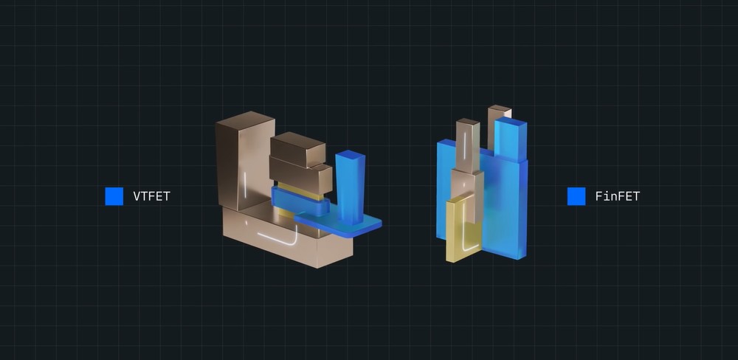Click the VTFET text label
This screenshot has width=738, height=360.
coord(151,196)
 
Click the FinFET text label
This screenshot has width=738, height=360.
coord(618,196)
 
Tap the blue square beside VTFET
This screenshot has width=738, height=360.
coord(114,196)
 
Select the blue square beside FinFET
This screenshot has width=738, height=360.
coord(576,196)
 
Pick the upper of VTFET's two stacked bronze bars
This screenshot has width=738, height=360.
coord(297,149)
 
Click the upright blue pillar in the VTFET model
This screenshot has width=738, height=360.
coord(350,187)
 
